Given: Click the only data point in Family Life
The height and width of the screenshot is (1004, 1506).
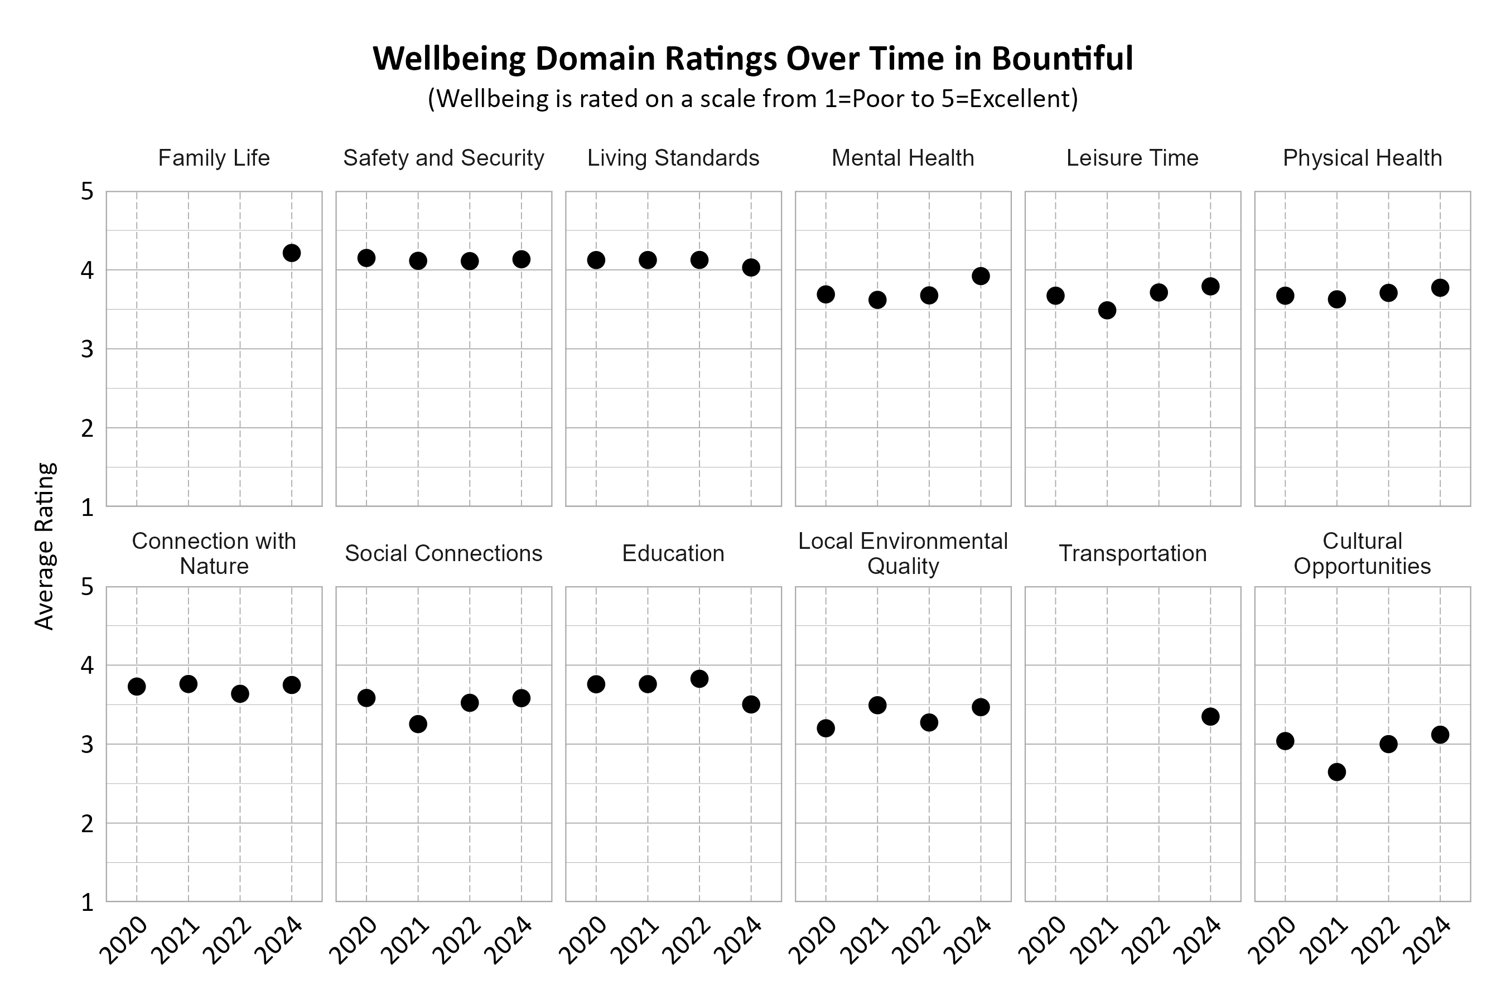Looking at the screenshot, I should (x=291, y=253).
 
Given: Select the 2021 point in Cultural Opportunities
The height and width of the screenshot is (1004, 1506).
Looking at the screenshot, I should (x=1337, y=771).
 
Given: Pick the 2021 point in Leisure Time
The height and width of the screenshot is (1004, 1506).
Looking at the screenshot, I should (x=1107, y=311).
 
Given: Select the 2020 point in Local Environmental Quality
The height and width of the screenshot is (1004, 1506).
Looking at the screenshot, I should (x=826, y=728).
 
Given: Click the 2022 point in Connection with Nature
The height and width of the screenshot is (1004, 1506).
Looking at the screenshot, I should (x=240, y=693).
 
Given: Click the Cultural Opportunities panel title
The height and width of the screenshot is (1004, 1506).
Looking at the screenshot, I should (x=1362, y=553).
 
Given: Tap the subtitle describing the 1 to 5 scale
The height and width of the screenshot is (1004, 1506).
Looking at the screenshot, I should (x=752, y=99).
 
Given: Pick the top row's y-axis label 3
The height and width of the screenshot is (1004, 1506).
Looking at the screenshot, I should (x=87, y=350).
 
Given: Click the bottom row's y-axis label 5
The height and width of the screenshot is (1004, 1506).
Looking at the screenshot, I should (x=87, y=587).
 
